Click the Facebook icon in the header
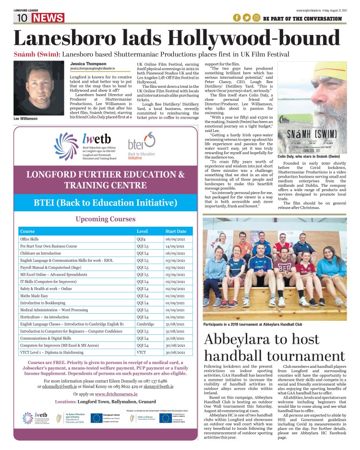[237, 18]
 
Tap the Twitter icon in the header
[247, 18]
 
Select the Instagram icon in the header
[257, 18]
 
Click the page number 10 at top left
[22, 18]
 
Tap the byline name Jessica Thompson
[89, 63]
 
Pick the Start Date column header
[176, 231]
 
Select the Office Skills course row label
[29, 239]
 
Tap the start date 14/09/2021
[175, 246]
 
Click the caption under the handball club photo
[252, 324]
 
